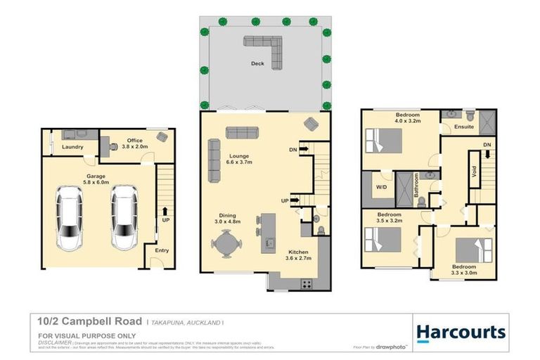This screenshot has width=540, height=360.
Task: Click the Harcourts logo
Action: click(x=461, y=333)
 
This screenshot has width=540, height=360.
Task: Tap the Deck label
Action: click(x=257, y=64)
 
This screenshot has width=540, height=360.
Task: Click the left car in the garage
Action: click(x=70, y=218)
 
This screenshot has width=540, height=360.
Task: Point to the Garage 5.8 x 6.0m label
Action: click(x=96, y=179)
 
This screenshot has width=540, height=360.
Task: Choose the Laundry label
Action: click(x=73, y=147)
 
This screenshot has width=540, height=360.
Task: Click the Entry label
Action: click(x=162, y=250)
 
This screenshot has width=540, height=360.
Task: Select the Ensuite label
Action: click(x=464, y=127)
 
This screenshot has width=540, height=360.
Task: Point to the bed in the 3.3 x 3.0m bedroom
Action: click(x=471, y=251)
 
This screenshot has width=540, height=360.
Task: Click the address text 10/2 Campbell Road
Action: click(x=90, y=321)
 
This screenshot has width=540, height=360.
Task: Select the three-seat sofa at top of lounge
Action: click(x=241, y=133)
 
